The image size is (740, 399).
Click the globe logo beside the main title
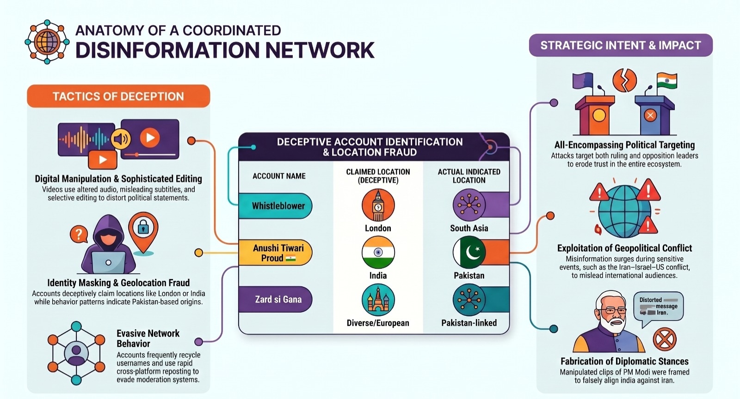coord(47,42)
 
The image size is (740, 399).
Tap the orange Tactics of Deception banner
coord(118,96)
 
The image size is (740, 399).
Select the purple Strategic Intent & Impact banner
coord(621,45)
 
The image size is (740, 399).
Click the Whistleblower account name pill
coord(276,206)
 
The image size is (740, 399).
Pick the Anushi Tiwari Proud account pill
coord(276,253)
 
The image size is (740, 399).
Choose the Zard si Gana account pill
coord(276,299)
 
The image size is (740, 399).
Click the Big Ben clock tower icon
coord(378,205)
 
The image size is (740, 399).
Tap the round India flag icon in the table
coord(378,252)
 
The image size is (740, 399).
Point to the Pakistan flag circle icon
coord(469,252)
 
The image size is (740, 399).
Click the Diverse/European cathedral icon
coord(378,300)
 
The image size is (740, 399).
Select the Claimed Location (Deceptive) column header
coord(378,176)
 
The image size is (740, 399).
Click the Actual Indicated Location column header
coord(469,176)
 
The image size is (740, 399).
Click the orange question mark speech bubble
coord(79,234)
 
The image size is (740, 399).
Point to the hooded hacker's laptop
coord(108,262)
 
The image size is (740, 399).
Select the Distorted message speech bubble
coord(658,306)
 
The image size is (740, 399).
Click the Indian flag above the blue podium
coord(666,81)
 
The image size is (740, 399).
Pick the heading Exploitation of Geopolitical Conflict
coord(624,248)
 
